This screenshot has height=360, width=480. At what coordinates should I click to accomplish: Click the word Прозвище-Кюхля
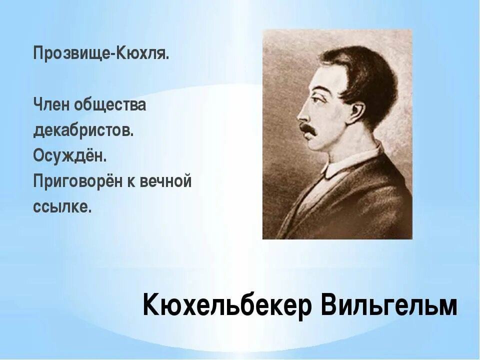tap(101, 53)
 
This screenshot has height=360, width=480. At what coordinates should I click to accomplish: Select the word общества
tap(110, 105)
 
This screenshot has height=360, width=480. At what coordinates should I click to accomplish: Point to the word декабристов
tap(83, 130)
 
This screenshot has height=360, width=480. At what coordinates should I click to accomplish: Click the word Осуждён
tap(70, 155)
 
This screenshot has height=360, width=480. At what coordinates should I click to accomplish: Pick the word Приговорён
tap(83, 181)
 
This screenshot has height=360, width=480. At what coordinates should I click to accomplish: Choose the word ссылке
tap(62, 206)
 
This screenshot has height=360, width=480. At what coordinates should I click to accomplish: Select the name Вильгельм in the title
tap(389, 304)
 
